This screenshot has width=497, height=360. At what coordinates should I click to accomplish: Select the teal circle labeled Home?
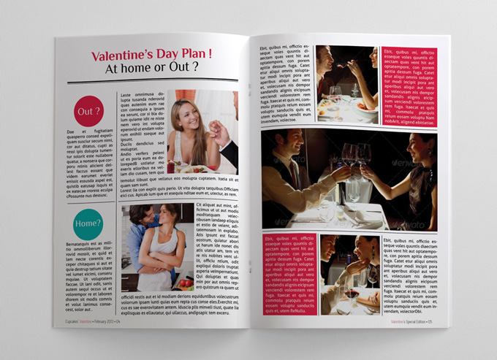88,222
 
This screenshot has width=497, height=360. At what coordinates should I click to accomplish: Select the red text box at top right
410,87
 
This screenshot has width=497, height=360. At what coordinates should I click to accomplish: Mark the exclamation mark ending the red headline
210,53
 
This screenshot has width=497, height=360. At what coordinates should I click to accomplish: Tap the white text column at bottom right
410,273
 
